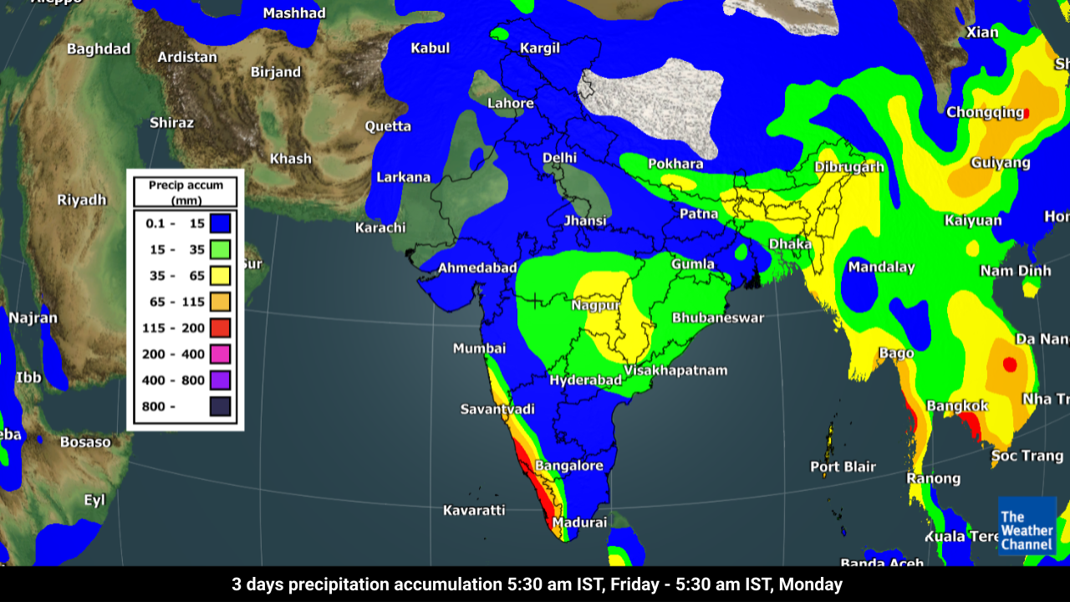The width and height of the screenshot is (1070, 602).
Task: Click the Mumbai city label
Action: coord(479,348)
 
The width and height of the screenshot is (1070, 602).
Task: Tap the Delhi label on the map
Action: coord(559,157)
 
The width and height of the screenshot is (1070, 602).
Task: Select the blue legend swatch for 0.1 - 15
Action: coord(220,223)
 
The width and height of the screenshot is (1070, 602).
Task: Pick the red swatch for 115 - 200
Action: coord(220,328)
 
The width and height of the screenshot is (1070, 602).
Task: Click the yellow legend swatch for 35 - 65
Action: coord(220,275)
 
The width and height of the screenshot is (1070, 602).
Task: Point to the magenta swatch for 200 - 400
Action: coord(220,354)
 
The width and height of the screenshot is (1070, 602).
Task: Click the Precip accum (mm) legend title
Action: coord(186,192)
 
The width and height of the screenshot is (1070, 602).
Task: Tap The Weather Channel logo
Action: coord(1027,526)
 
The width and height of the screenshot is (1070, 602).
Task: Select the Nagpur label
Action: coord(595,305)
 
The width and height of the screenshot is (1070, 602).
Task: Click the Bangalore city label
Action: coord(568,466)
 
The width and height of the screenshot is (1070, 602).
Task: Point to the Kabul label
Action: coord(430,48)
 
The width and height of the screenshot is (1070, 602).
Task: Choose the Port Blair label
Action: coord(843,467)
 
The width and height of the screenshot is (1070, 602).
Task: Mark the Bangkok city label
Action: coord(957,406)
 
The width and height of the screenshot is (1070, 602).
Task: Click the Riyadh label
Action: coord(82,200)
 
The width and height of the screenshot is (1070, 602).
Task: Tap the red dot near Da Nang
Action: coord(1009,365)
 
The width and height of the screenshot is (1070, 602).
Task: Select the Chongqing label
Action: coord(985,112)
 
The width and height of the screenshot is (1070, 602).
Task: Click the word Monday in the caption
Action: coord(813,584)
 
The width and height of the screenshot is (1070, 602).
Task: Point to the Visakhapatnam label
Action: coord(676,370)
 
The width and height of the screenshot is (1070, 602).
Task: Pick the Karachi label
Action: coord(380,227)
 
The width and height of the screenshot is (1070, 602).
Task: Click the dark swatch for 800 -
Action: coord(220,406)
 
